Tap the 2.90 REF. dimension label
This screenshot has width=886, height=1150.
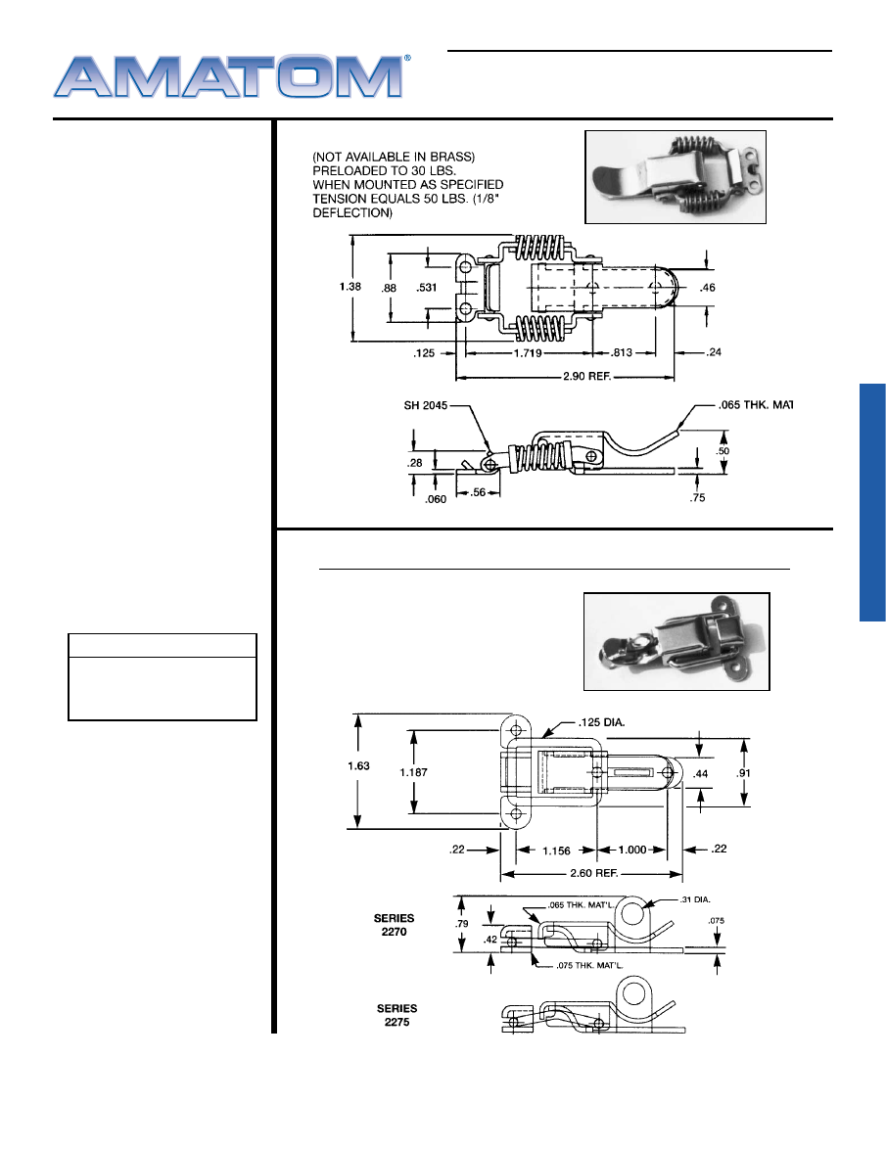[586, 376]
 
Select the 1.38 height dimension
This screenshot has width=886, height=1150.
[350, 287]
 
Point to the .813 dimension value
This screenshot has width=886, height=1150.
[622, 352]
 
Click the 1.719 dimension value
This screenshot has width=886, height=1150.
[528, 353]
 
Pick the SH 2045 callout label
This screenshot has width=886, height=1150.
[426, 405]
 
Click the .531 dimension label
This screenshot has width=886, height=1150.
[427, 288]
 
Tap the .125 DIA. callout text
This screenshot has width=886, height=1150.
[601, 722]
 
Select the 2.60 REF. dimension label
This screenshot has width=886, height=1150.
[594, 873]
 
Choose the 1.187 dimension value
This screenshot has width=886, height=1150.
[413, 772]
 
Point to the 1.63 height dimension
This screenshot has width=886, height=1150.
[358, 765]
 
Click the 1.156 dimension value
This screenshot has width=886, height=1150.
[556, 851]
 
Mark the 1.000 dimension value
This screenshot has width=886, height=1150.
[632, 851]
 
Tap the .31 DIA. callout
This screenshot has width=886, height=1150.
[695, 899]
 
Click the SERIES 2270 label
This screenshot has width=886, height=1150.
[394, 925]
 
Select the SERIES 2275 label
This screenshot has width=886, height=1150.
[396, 1015]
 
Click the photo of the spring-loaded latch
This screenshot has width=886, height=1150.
[676, 177]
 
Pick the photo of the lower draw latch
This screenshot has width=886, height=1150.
[676, 642]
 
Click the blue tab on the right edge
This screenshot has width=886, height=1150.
[873, 502]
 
